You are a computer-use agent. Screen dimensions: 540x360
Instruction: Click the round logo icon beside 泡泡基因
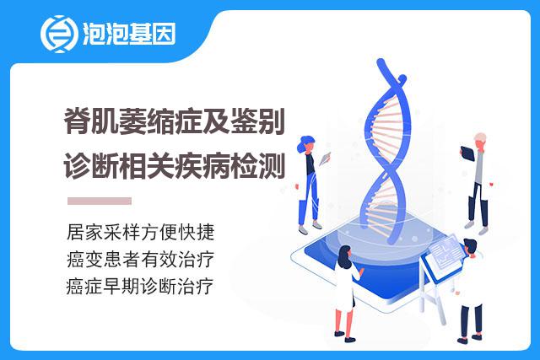(x=58, y=34)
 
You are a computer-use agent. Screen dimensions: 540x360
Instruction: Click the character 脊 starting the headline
(x=77, y=121)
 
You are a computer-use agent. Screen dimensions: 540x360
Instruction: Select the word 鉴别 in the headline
(x=257, y=121)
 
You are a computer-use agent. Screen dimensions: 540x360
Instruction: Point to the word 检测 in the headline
(x=257, y=166)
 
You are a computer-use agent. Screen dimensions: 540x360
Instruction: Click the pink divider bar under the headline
(x=100, y=201)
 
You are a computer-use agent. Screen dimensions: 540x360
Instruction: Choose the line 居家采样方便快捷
(x=141, y=233)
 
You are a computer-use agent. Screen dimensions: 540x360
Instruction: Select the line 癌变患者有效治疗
(x=141, y=259)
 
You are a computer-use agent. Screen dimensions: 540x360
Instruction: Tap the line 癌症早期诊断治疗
(x=140, y=286)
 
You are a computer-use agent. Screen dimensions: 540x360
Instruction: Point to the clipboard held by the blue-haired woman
(x=325, y=159)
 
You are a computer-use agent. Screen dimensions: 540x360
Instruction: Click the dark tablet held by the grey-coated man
(x=467, y=153)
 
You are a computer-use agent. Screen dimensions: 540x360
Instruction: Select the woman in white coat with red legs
(x=347, y=293)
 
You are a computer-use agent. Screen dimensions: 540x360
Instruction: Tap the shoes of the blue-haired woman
(x=310, y=228)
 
